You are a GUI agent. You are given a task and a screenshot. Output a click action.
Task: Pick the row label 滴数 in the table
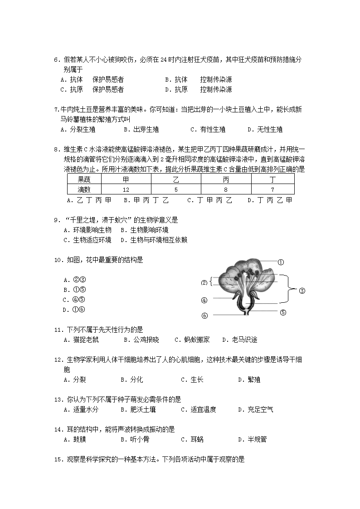[x=84, y=189]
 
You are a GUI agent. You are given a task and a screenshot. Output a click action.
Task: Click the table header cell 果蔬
[x=84, y=180]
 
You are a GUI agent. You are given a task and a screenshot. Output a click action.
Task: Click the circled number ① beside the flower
[x=281, y=262]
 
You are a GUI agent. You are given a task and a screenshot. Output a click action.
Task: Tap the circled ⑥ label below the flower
[x=204, y=315]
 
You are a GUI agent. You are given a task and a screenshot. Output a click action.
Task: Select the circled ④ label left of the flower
[x=204, y=300]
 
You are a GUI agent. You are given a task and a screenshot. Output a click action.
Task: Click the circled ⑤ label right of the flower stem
[x=283, y=312]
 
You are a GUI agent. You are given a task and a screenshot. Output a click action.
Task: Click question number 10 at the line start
[x=58, y=260]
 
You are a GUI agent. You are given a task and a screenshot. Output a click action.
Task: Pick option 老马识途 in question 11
[x=244, y=339]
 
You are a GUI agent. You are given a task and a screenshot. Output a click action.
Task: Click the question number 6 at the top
[x=56, y=59]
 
